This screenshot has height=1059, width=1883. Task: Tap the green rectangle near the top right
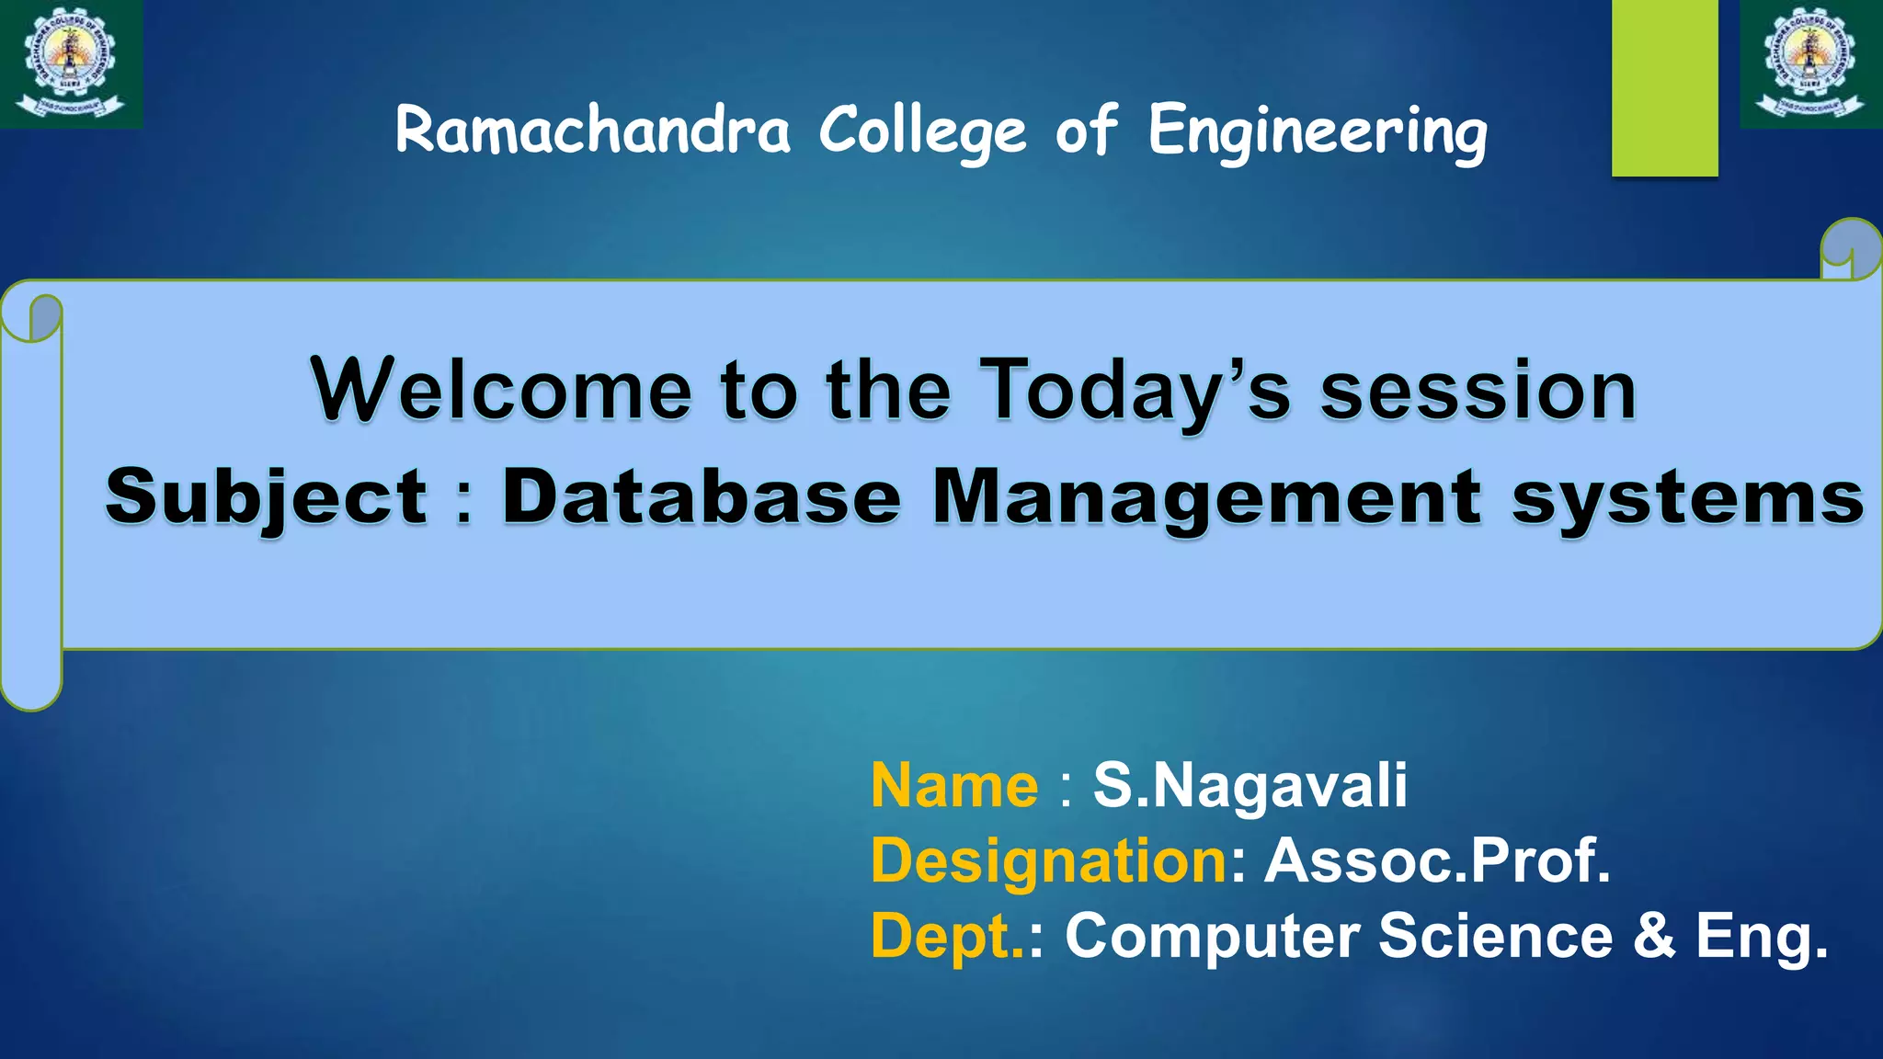pos(1664,87)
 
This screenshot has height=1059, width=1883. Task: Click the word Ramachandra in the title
pos(593,130)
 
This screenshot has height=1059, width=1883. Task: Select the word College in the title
pos(922,131)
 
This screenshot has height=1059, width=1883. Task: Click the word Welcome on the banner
pos(502,390)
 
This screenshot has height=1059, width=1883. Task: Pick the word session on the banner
pos(1478,392)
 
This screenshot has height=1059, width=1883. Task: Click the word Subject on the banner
pos(267,497)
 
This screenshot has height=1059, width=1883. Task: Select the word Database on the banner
pos(701,497)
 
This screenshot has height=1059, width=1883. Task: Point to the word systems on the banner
pos(1687,499)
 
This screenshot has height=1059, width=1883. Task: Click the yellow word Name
pos(954,786)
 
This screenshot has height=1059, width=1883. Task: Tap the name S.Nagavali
pos(1250,786)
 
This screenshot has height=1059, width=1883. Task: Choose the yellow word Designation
pos(1049,861)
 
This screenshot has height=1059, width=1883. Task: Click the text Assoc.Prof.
pos(1438,860)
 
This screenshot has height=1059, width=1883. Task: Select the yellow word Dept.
pos(947,936)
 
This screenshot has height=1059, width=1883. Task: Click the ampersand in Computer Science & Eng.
pos(1654,936)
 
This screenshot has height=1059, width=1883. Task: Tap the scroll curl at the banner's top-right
pos(1850,249)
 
